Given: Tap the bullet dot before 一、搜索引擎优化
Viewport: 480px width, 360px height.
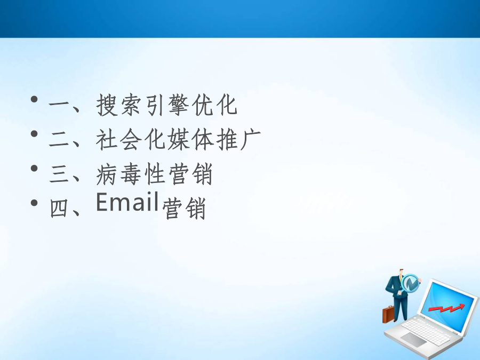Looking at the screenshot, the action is tap(34, 99).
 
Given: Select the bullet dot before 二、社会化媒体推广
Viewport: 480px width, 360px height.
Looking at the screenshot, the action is tap(34, 133).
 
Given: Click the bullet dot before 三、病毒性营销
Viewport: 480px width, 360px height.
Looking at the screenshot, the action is tap(34, 168).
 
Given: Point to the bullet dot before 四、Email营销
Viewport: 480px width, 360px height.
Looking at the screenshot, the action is tap(34, 203).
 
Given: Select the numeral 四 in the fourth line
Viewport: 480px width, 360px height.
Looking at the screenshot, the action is tap(59, 209).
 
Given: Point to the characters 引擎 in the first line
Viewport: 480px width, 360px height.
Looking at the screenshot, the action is tap(166, 105).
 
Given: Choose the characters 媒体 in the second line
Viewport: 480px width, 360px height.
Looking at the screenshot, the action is tap(190, 140).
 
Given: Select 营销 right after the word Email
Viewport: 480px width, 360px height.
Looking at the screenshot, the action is tap(183, 208).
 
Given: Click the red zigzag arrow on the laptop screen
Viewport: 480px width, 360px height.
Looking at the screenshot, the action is tap(446, 307).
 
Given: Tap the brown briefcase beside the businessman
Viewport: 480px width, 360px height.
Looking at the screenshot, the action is tap(388, 314).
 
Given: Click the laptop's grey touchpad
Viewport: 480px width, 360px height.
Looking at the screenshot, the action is tap(413, 340).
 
